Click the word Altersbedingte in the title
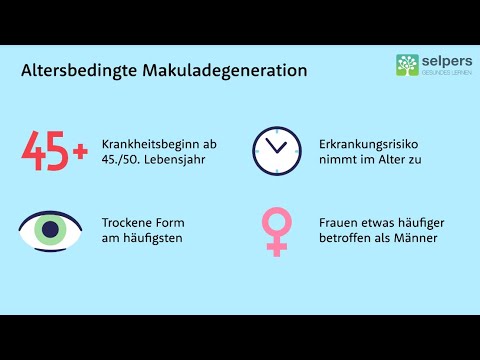tap(72, 72)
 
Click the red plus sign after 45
tap(81, 153)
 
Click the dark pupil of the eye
tap(48, 230)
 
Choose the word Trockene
tap(128, 222)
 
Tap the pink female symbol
tap(274, 230)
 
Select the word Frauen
tap(341, 222)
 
